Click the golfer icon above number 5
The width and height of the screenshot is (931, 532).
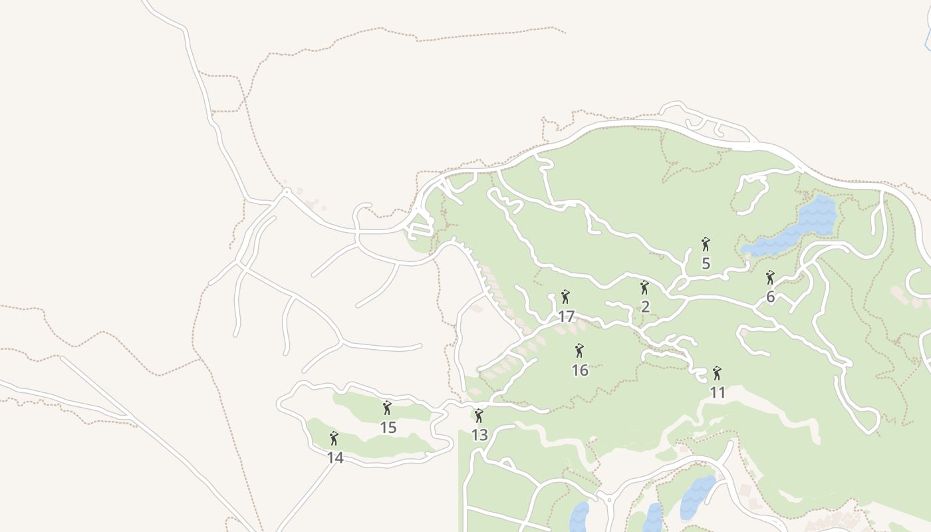coord(706,244)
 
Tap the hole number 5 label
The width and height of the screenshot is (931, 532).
coord(706,264)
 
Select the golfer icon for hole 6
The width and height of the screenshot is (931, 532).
coord(770,277)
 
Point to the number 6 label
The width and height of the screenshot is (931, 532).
coord(770,297)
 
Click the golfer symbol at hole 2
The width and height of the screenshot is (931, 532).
coord(644,287)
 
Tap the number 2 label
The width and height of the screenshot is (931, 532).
coord(644,307)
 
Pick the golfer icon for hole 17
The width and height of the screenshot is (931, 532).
coord(565,297)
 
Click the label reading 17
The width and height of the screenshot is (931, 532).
coord(565,317)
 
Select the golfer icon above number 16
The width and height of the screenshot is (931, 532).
coord(579,350)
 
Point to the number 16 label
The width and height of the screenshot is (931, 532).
coord(579,370)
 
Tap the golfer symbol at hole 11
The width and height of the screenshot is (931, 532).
coord(717,373)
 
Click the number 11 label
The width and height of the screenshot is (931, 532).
coord(717,393)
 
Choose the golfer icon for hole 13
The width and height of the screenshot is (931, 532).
coord(479,416)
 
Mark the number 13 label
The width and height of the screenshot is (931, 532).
coord(479,436)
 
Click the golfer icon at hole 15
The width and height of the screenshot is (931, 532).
coord(388,408)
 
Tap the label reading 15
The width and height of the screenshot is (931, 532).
coord(388,428)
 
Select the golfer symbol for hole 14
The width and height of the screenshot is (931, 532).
coord(334,438)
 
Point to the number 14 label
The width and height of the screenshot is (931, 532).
coord(334,458)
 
